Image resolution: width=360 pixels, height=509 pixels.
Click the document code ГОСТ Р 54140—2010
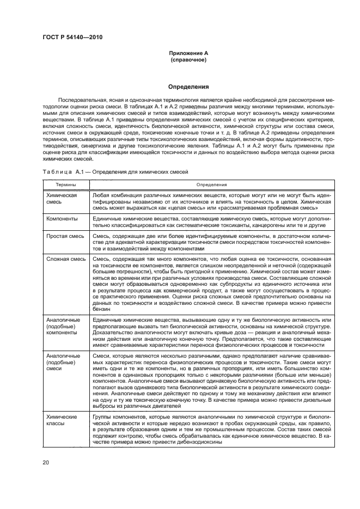click(x=72, y=37)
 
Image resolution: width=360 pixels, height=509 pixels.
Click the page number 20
click(x=46, y=462)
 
